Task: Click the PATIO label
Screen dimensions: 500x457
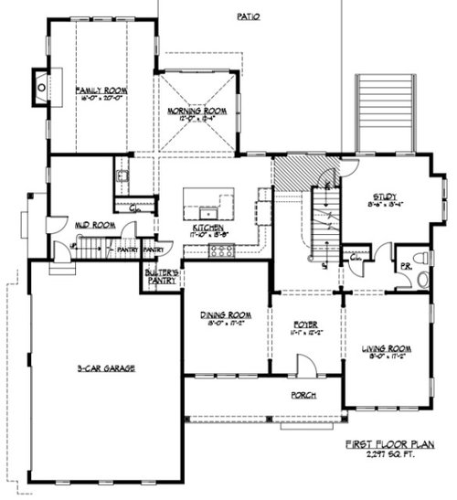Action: (249, 16)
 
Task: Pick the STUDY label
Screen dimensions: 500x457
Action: (381, 195)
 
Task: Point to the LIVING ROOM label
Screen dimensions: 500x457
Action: (387, 349)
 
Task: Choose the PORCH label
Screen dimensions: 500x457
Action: (303, 395)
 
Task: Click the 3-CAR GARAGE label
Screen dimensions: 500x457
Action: (106, 368)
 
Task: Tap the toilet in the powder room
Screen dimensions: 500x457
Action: (420, 260)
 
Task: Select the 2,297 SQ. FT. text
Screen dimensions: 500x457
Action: (391, 455)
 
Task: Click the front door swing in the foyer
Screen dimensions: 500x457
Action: (306, 366)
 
